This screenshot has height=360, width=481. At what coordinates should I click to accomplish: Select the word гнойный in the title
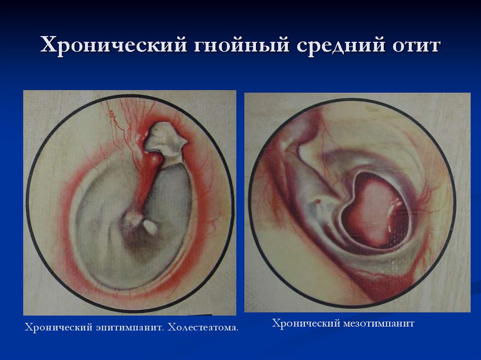[235, 46]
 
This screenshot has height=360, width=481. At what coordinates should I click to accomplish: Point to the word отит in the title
[414, 46]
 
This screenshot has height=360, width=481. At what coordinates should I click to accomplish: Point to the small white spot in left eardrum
[151, 227]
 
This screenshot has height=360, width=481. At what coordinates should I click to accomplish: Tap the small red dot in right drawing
[318, 202]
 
